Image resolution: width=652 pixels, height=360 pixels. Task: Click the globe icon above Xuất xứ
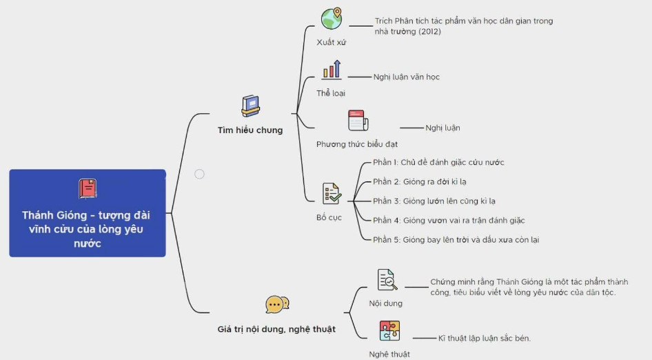coord(331,19)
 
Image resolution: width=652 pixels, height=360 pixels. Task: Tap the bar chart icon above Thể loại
coord(332,69)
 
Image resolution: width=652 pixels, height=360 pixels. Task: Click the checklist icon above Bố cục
coord(332,193)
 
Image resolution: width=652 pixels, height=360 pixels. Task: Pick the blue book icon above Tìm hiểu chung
coord(250,106)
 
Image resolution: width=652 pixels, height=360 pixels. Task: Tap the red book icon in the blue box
coord(88,188)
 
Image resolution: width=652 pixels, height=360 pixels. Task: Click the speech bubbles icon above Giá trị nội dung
coord(277,304)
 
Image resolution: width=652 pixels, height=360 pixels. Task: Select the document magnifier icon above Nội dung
coord(387,279)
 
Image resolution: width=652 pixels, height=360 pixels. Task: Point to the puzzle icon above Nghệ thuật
coord(389,330)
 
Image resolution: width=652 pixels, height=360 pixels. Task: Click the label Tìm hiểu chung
coord(250,130)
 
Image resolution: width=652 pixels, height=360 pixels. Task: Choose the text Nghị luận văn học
coord(407,77)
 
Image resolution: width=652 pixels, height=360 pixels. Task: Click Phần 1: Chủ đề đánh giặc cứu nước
coord(438,163)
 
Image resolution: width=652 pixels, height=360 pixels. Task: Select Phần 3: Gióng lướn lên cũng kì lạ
coord(434,201)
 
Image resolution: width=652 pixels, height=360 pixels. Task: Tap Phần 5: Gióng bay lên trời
coord(456,240)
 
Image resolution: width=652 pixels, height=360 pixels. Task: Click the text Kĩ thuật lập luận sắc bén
coord(485,338)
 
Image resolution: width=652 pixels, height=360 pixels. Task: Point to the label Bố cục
coord(329,217)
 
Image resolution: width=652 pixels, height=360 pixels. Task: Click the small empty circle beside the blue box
coord(199,174)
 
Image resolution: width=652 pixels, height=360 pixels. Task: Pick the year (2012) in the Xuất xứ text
coord(428,32)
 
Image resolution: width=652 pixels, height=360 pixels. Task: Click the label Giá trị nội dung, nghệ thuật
coord(276,330)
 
